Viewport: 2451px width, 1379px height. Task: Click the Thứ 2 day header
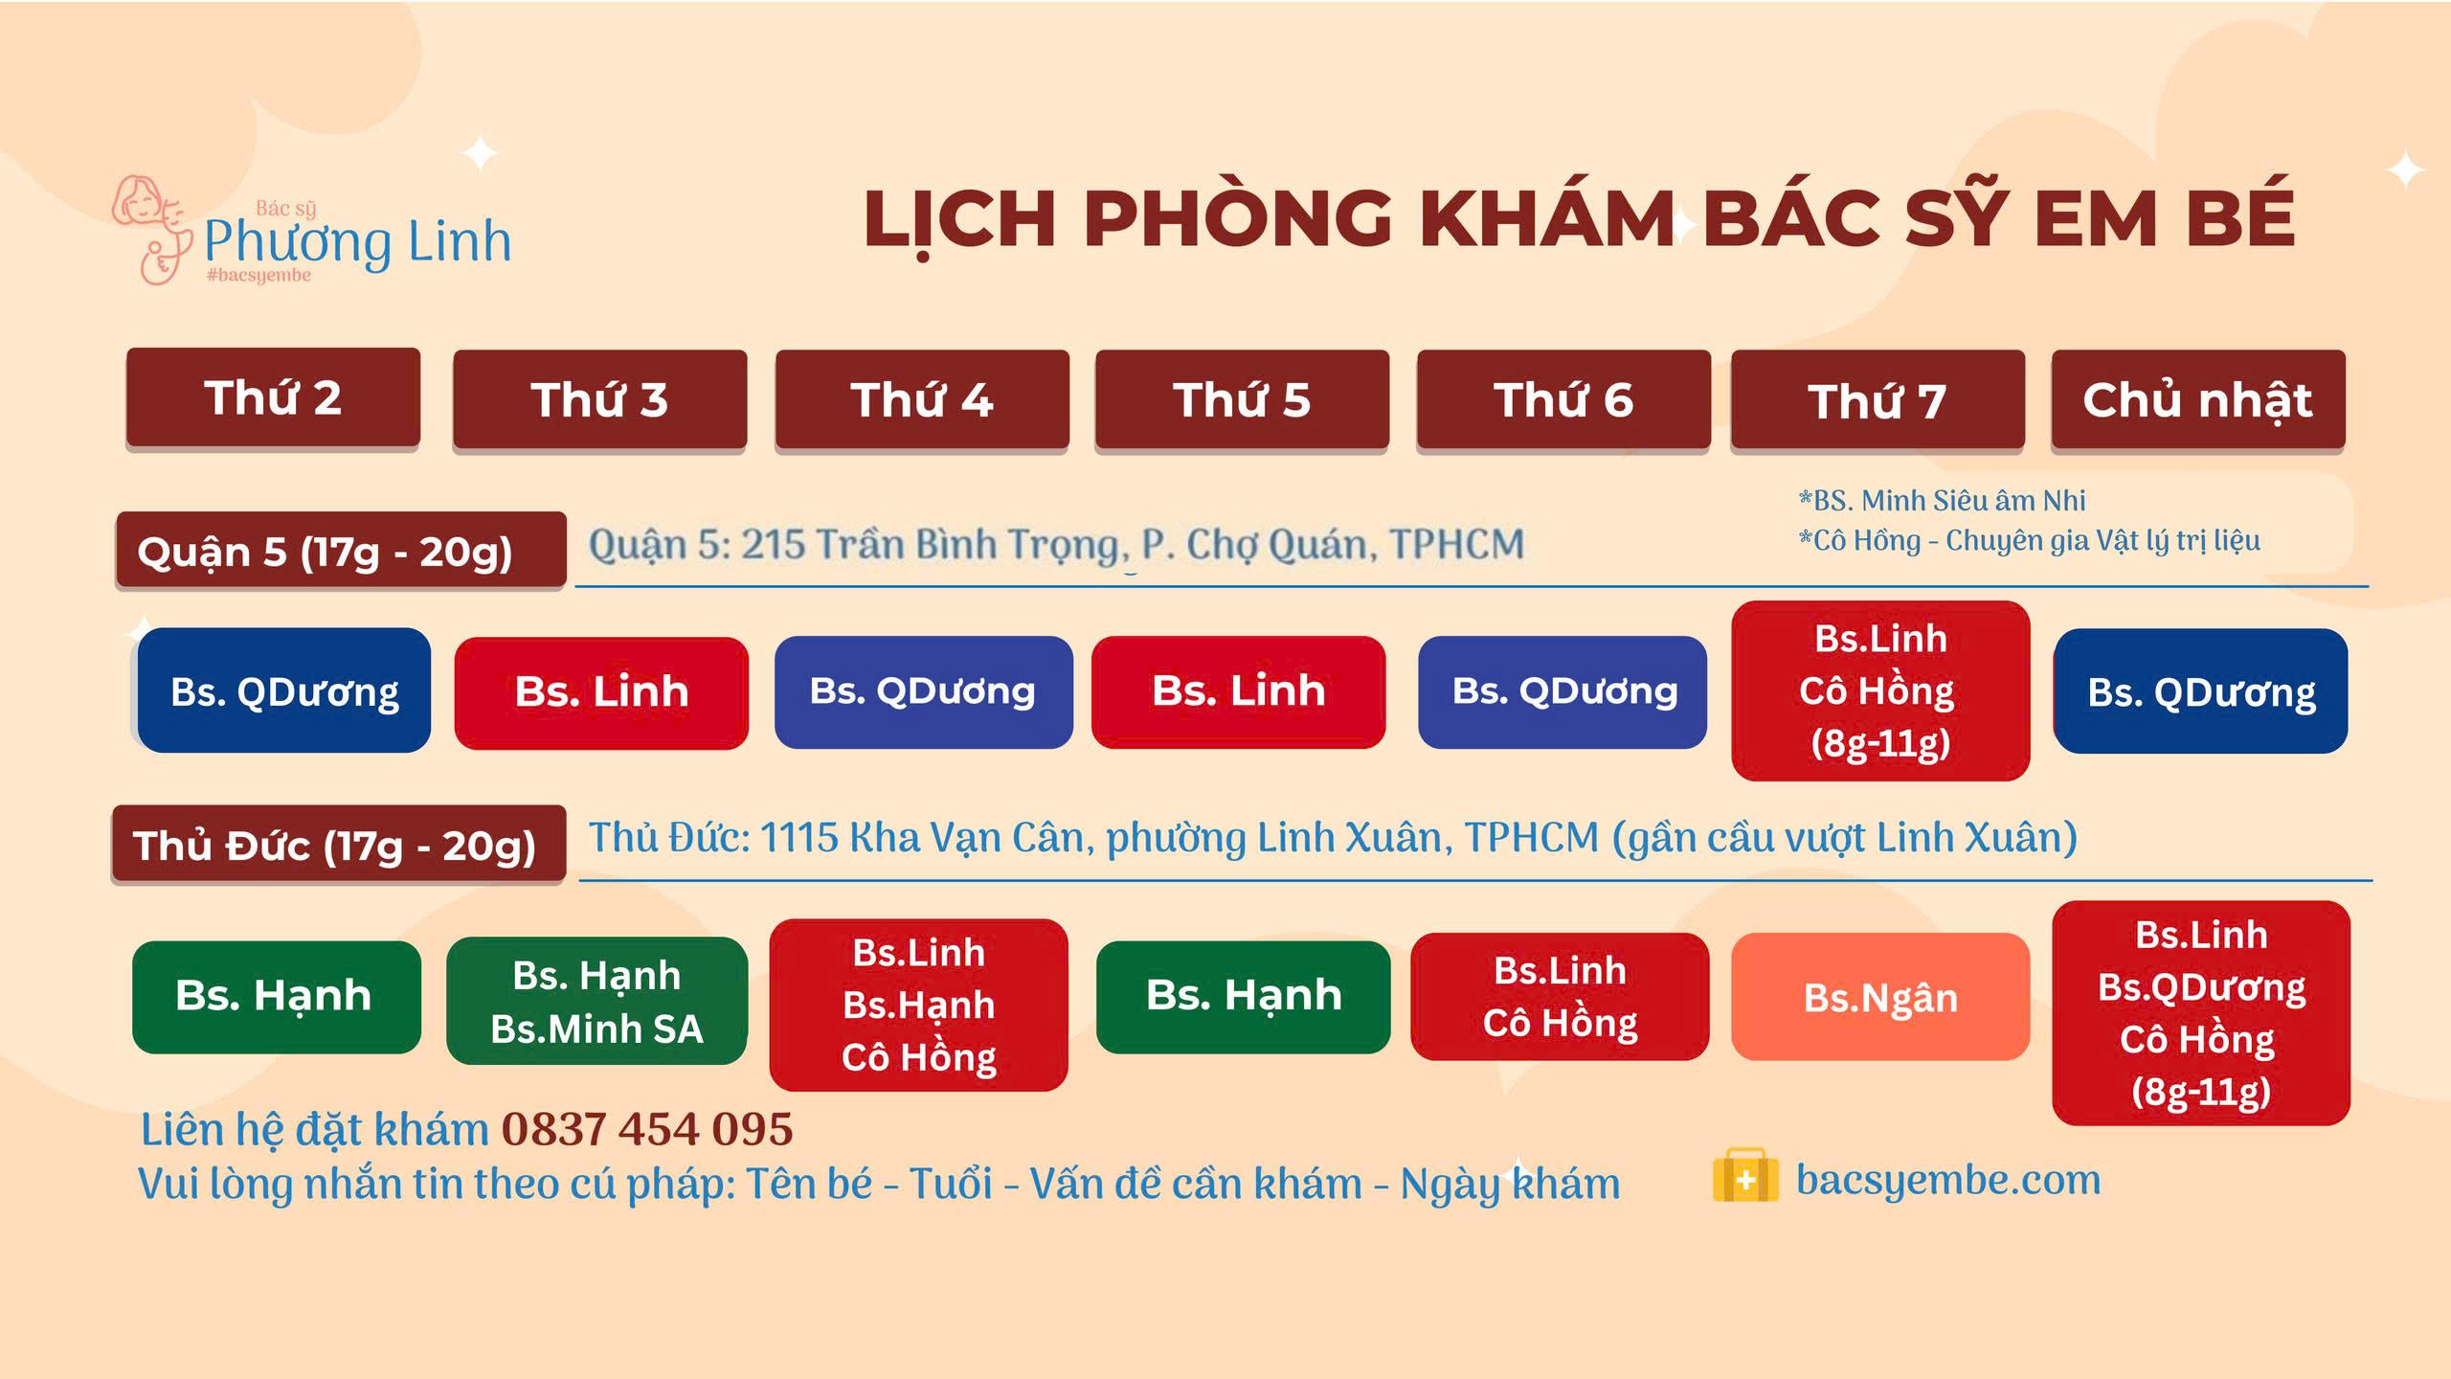click(273, 397)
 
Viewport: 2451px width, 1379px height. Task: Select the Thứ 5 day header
click(1242, 399)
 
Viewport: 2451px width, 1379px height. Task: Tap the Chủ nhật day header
click(2198, 399)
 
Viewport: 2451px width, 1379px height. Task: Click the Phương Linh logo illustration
click(151, 230)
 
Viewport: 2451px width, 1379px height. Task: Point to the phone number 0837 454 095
click(647, 1129)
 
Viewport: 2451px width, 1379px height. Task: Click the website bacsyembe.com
click(1948, 1180)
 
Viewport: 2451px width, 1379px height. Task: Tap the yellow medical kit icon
click(1745, 1175)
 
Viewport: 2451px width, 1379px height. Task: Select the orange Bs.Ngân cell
click(1880, 997)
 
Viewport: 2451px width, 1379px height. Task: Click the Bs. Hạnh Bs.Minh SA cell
click(596, 1001)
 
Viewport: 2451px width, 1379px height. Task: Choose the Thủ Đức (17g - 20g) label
click(338, 844)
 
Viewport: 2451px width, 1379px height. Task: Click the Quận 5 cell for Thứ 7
click(1880, 690)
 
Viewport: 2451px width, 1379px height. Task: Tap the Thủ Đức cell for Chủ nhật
click(2201, 1013)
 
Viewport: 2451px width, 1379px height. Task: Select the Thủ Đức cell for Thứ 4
click(918, 1005)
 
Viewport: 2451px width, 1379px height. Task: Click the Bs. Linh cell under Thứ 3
click(601, 692)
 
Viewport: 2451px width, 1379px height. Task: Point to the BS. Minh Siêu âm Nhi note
click(1942, 500)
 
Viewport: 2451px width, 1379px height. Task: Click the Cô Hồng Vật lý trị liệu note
click(2029, 540)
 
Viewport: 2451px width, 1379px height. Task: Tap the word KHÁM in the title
click(1546, 218)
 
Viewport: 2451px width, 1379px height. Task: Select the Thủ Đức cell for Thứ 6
click(1560, 997)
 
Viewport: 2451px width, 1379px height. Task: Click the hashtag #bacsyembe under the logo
click(259, 276)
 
